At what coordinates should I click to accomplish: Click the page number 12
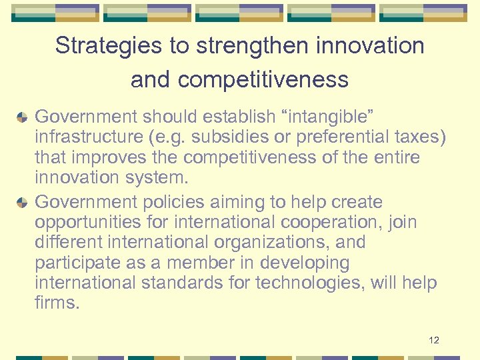[x=434, y=341]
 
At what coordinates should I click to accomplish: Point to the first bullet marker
[x=22, y=118]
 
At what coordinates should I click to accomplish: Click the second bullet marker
[x=22, y=203]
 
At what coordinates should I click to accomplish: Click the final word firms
[x=56, y=304]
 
